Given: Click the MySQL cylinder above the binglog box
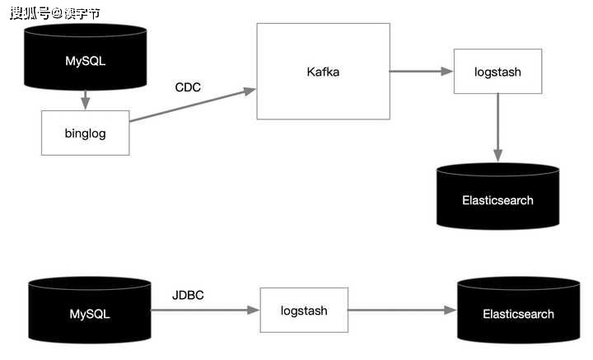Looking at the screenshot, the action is point(86,57).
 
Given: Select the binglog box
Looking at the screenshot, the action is point(86,133).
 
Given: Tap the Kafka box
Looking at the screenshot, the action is point(324,72).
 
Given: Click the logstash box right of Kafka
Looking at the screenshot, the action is point(497,71).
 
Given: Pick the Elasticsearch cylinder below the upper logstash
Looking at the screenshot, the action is point(497,196).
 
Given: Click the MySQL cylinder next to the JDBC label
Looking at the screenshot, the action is point(90,310).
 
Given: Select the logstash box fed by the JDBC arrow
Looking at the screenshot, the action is point(304,310).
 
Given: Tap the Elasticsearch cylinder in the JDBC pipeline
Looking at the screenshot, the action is point(519,310).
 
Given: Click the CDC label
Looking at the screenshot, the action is point(188,87).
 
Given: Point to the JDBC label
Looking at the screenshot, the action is point(188,295).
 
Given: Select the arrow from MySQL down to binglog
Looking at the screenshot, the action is point(86,101).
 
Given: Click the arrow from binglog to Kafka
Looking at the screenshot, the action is point(193,105).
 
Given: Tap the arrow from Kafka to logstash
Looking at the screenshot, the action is point(422,71).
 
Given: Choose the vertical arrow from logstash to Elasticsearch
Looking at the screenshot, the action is point(497,128).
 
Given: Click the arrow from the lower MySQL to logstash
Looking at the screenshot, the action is point(205,310).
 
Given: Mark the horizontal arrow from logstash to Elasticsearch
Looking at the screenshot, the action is point(403,310).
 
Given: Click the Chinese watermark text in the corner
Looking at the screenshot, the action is point(55,13).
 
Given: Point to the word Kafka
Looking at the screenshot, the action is point(323,72).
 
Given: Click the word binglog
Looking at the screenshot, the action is point(86,133).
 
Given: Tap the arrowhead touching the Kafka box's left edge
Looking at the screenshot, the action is point(250,91).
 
